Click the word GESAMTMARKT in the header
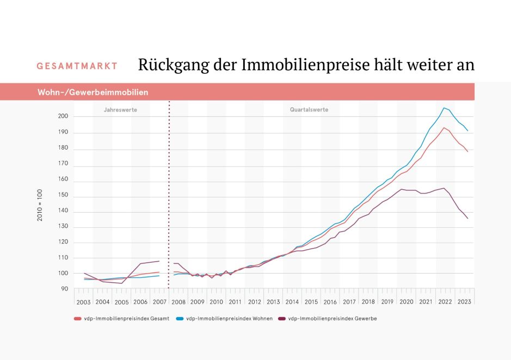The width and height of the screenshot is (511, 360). coord(77,66)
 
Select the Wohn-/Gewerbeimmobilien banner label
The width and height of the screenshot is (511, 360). coord(93,92)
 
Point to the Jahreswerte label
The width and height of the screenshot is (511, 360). coord(120,110)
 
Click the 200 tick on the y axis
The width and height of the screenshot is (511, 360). coord(63,116)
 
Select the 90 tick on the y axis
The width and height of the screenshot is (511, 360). coord(65,289)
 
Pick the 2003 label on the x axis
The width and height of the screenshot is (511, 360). coord(83,302)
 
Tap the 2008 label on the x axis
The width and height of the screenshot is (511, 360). coord(178,302)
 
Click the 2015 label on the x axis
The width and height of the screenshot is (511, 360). coord(311,302)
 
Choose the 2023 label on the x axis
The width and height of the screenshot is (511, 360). coord(464,302)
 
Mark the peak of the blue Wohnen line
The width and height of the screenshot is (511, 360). coord(444,108)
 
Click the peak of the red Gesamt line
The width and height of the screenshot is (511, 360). coord(444,128)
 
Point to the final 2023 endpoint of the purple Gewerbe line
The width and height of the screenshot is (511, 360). coord(467,219)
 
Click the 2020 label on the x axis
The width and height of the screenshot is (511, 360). coord(407,302)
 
